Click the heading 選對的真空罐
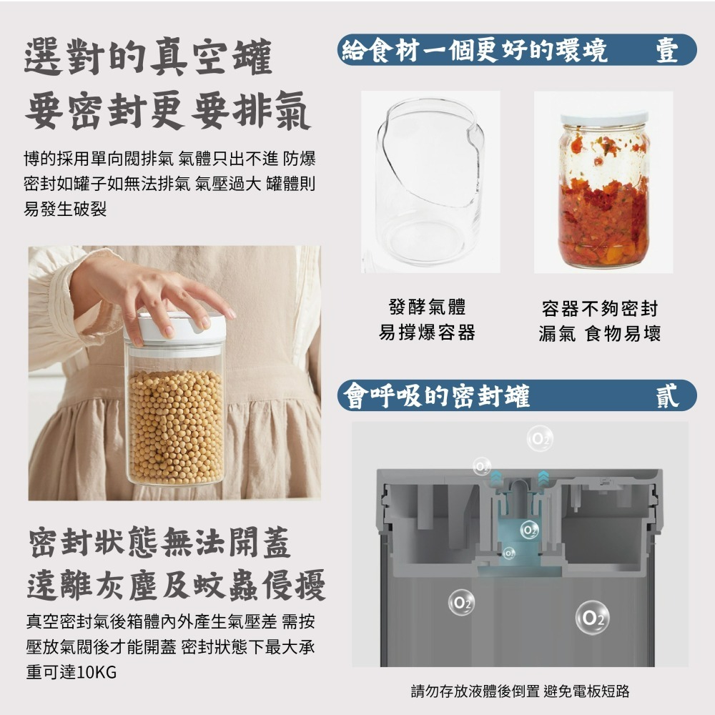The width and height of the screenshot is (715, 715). [148, 58]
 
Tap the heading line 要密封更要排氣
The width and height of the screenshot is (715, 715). [167, 113]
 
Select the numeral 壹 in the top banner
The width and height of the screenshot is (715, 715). [667, 51]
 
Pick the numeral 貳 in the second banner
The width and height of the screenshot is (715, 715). [667, 395]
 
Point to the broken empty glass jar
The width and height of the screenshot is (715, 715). [430, 182]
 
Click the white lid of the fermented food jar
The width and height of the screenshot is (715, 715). [604, 119]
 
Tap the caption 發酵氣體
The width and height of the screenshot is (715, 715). [427, 308]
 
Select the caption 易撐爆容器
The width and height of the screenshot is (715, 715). [427, 332]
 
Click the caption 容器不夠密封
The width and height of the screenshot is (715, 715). [599, 309]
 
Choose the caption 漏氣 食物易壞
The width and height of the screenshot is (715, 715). [599, 333]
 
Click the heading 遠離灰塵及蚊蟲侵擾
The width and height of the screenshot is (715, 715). [176, 586]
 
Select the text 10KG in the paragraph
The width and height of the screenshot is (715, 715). [94, 673]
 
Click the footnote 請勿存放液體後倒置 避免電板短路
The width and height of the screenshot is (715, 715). [520, 691]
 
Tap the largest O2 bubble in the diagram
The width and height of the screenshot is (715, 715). [592, 618]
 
